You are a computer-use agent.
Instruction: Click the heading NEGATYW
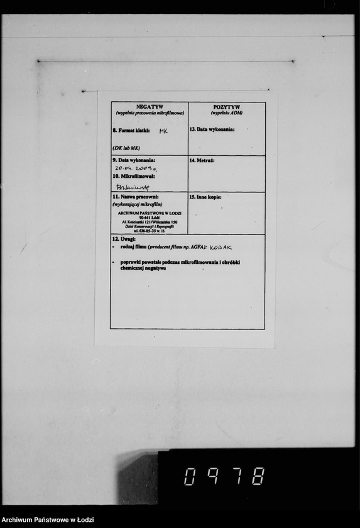click(150, 107)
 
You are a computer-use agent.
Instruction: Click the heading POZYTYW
click(226, 107)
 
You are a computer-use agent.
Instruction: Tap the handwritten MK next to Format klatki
click(163, 131)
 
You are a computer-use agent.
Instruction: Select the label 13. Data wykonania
click(212, 129)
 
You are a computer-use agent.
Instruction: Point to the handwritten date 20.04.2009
click(136, 168)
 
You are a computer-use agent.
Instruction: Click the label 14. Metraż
click(202, 161)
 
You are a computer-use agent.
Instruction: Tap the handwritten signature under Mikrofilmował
click(133, 187)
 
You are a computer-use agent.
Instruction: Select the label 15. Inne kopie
click(205, 197)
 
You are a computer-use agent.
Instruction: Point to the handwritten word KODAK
click(221, 248)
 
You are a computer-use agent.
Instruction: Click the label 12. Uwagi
click(124, 240)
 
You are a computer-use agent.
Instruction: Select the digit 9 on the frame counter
click(212, 476)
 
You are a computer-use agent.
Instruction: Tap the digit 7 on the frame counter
click(234, 476)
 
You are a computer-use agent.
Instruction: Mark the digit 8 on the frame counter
click(257, 476)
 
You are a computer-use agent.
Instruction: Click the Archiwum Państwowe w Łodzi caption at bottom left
click(48, 520)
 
